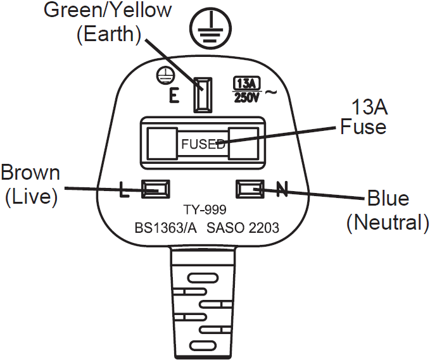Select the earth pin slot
pos(203,95)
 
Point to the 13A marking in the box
pos(246,84)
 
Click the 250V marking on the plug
pos(246,97)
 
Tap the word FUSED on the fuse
pos(203,144)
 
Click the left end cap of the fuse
pos(162,143)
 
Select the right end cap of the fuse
pos(244,143)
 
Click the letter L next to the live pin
pos(125,189)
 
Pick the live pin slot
pos(156,189)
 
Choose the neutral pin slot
pos(250,189)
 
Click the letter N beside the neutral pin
pos(282,189)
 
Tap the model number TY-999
pos(205,210)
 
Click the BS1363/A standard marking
pos(166,228)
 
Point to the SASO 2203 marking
pos(243,228)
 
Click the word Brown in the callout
pos(30,173)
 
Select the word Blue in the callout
pos(388,198)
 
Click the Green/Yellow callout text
pos(108,10)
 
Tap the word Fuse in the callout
pos(363,127)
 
